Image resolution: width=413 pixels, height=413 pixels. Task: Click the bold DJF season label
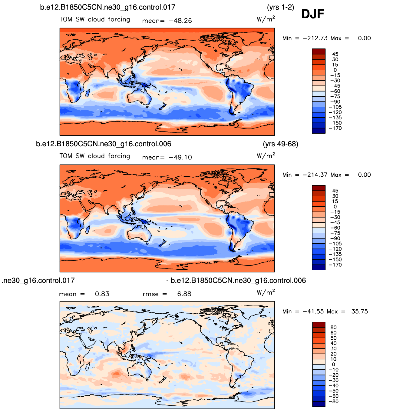coord(312,14)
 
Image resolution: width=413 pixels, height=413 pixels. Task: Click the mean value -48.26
coord(180,21)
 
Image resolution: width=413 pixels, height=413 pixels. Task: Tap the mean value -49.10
coord(180,158)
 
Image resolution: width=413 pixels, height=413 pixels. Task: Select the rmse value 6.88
coord(184,294)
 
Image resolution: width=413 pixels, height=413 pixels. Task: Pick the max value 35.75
coord(359,312)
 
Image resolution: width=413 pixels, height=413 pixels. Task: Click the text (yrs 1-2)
coord(280,7)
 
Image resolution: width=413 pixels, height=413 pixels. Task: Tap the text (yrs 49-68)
coord(280,144)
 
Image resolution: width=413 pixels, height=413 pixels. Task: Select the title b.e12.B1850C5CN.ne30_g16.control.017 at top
coord(107,7)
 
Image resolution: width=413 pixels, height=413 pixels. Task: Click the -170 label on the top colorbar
coord(335,128)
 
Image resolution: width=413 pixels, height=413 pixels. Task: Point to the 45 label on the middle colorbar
coord(335,191)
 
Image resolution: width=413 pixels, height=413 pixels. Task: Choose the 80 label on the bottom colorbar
coord(333,328)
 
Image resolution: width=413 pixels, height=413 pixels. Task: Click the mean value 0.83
coord(102,294)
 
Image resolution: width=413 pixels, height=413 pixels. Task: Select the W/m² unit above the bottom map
coord(266,293)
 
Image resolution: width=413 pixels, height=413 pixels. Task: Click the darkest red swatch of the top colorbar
coord(319,51)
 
